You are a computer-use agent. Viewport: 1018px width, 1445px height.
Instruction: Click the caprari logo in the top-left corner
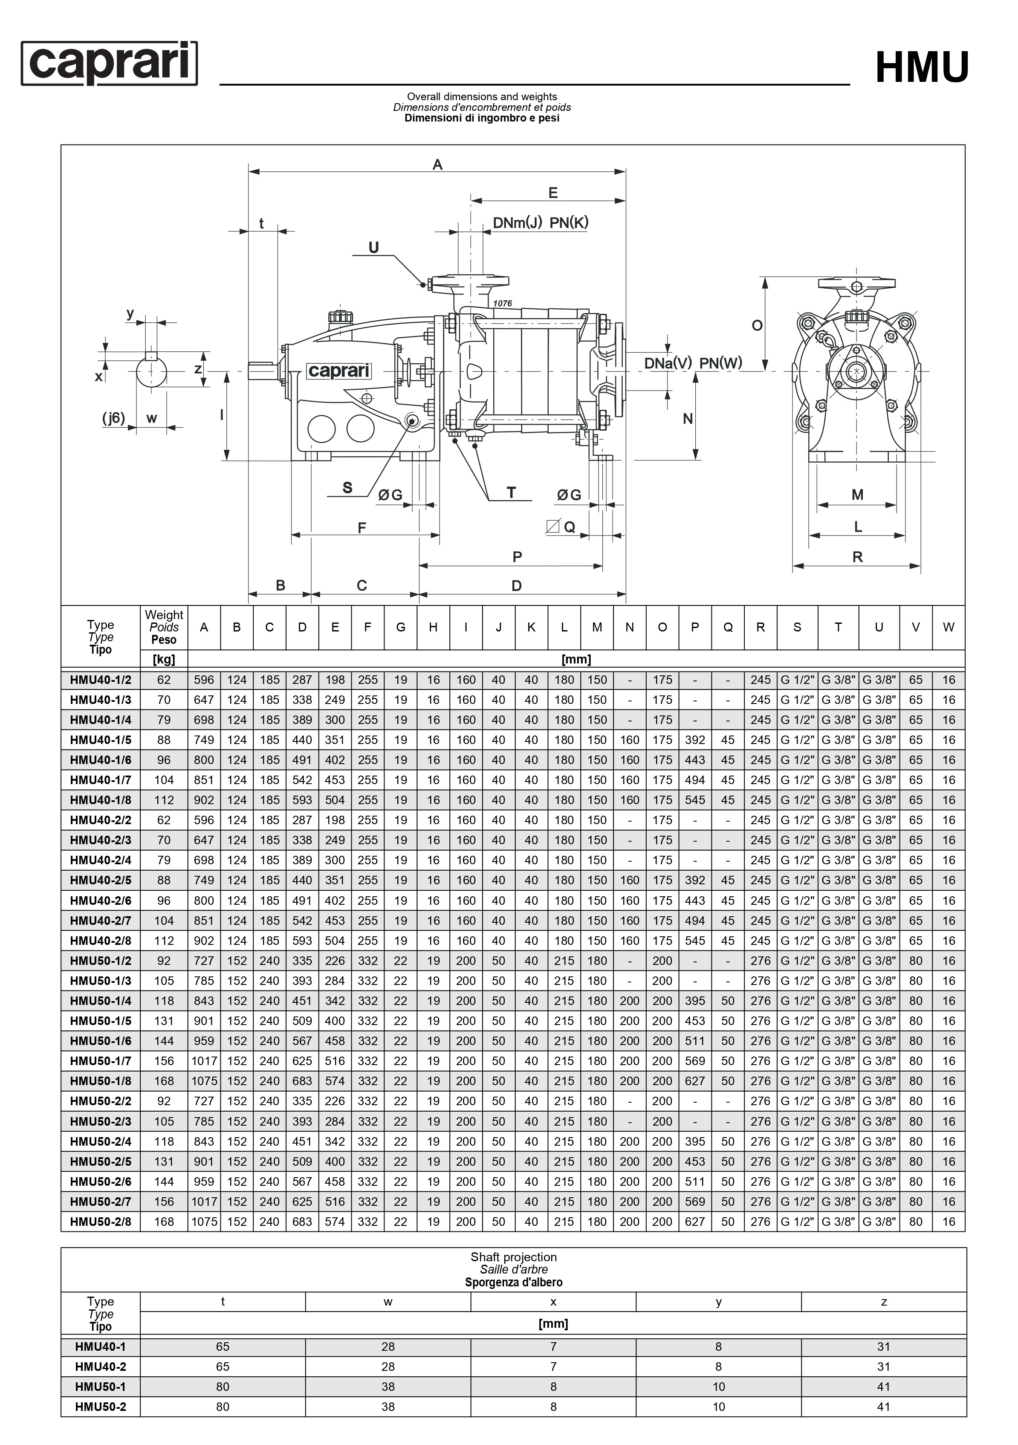[109, 63]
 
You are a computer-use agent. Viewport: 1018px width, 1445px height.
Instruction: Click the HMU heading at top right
[922, 67]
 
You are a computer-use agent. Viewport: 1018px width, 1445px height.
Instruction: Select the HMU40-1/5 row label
[101, 739]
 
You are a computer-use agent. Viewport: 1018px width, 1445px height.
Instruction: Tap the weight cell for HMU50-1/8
[164, 1080]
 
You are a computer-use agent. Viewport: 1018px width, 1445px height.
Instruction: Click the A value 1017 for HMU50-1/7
[204, 1060]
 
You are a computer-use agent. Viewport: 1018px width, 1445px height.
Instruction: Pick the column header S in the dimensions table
[797, 627]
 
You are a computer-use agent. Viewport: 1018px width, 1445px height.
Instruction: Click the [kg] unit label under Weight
[164, 659]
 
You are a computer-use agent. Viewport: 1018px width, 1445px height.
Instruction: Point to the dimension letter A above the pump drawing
[437, 165]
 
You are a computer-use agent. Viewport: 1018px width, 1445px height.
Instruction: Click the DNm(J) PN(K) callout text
[540, 223]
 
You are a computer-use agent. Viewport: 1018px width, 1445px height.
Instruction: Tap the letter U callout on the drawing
[374, 247]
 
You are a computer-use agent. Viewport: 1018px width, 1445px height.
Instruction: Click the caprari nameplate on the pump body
[338, 371]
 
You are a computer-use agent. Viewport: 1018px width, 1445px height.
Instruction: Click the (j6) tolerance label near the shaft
[114, 418]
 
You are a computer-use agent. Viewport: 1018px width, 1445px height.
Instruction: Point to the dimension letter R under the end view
[857, 557]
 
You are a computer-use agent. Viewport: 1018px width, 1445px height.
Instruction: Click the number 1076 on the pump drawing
[502, 303]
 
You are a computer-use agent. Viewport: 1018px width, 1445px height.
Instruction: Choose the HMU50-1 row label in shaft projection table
[101, 1387]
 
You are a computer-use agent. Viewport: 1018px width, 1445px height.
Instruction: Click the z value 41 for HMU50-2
[883, 1407]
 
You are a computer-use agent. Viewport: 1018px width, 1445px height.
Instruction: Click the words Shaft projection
[513, 1257]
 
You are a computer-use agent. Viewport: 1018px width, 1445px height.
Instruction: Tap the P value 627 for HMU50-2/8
[694, 1222]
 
